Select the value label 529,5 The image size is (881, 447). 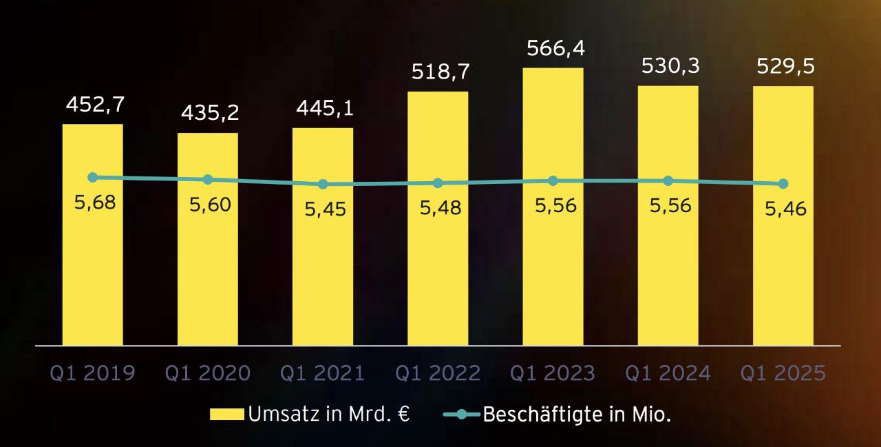coord(785,67)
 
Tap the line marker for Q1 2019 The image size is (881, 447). coord(93,177)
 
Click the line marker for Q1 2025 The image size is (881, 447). coord(783,184)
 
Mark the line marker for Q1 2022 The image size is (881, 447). coord(438,183)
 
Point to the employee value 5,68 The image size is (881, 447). coord(94,203)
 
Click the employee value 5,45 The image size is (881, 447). coord(325,209)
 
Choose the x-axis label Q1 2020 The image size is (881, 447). coord(207,373)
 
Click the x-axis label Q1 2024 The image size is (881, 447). coord(668,373)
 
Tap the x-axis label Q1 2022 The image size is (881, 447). coord(438,373)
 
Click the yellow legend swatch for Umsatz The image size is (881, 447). coord(226,414)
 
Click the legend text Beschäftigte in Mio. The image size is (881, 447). coord(577,415)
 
